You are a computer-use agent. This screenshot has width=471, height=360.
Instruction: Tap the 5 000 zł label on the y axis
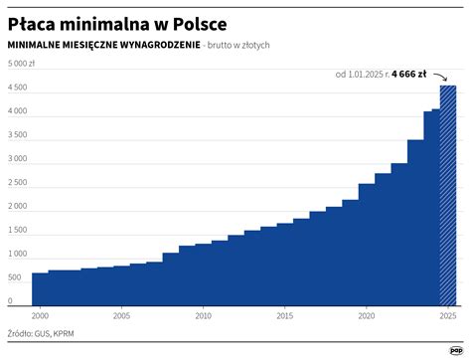pos(22,64)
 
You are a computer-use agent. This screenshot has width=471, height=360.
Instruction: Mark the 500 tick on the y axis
pos(16,278)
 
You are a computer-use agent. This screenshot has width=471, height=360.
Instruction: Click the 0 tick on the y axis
pos(11,301)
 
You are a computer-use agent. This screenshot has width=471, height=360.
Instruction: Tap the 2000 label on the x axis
pos(40,316)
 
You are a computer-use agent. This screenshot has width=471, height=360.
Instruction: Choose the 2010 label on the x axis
pos(203,316)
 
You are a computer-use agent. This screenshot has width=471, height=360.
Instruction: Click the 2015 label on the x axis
pos(284,316)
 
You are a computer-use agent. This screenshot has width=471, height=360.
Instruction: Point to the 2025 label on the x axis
pos(447,316)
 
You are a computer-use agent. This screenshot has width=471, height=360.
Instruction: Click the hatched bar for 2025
pos(448,199)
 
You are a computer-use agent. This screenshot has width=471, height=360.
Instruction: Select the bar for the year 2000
pos(40,288)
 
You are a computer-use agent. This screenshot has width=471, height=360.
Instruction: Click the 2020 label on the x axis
pos(366,316)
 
